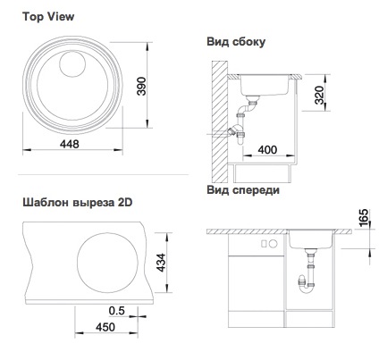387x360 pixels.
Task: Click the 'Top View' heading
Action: (x=48, y=17)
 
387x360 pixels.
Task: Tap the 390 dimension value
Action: (x=141, y=86)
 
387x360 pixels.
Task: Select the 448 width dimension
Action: (x=70, y=144)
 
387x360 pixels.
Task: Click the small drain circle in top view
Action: (x=72, y=63)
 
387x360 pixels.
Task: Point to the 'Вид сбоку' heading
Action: (x=236, y=42)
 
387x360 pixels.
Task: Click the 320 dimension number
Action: (x=319, y=95)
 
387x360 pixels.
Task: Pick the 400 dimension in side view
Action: (x=267, y=149)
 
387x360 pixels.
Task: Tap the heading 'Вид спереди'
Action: (x=243, y=189)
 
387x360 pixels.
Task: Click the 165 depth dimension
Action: (x=364, y=218)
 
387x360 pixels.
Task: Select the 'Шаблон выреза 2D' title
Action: (x=78, y=203)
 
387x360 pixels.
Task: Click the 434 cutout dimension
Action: (x=161, y=263)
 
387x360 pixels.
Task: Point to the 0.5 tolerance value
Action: (x=116, y=311)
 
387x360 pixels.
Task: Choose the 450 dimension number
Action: (x=105, y=327)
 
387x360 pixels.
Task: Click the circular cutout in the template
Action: (x=107, y=262)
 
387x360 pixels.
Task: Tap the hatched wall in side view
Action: (x=220, y=121)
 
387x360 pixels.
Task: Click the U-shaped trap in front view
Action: (x=307, y=286)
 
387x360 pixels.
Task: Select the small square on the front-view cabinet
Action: (x=264, y=244)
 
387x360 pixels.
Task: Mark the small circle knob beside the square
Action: (x=273, y=244)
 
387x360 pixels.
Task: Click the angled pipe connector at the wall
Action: (x=232, y=130)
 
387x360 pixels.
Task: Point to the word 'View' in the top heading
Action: (x=61, y=17)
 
